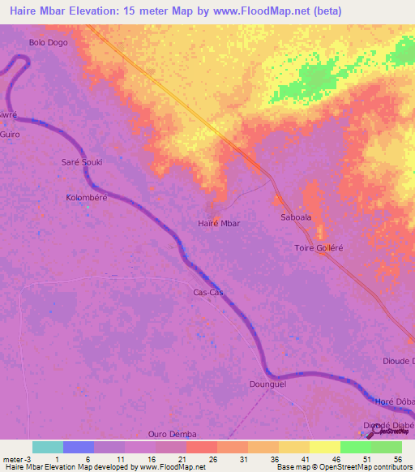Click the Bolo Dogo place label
coord(48,41)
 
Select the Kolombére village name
coord(87,197)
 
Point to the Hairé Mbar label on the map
coord(219,222)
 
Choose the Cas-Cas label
coord(208,292)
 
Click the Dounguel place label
coord(268,385)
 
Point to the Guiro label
coord(9,133)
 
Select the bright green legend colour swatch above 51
coord(355,448)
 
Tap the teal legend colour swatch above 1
coord(47,448)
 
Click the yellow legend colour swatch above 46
coord(324,448)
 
